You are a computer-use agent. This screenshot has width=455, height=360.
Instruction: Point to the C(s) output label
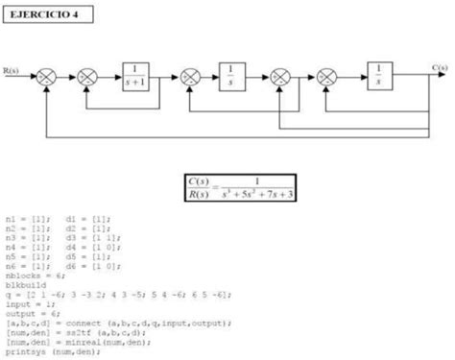point(439,67)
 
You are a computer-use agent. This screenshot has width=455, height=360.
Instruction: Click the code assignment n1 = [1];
point(27,220)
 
